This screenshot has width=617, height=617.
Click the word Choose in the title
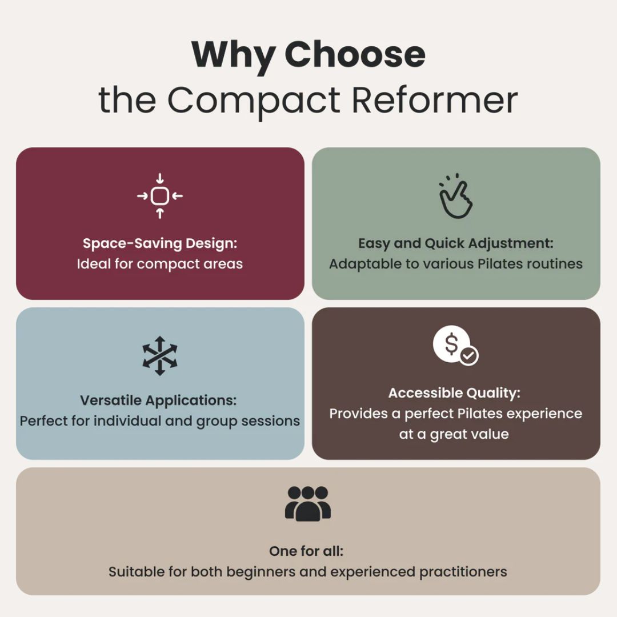point(355,55)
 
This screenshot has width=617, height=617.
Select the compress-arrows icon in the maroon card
point(160,196)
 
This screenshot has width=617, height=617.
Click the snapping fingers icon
point(455,196)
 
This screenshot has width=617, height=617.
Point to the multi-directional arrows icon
point(160,355)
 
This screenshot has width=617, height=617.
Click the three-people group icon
point(308,503)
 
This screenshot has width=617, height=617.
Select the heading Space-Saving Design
point(159,243)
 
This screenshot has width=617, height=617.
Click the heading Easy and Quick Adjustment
point(456,243)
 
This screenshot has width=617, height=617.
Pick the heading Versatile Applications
point(158,400)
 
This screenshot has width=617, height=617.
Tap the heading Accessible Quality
point(455,392)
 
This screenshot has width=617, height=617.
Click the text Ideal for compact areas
point(159,264)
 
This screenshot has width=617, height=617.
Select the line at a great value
point(454,434)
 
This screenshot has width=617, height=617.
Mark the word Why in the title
point(232,55)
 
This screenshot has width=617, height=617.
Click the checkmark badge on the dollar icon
point(469,355)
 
